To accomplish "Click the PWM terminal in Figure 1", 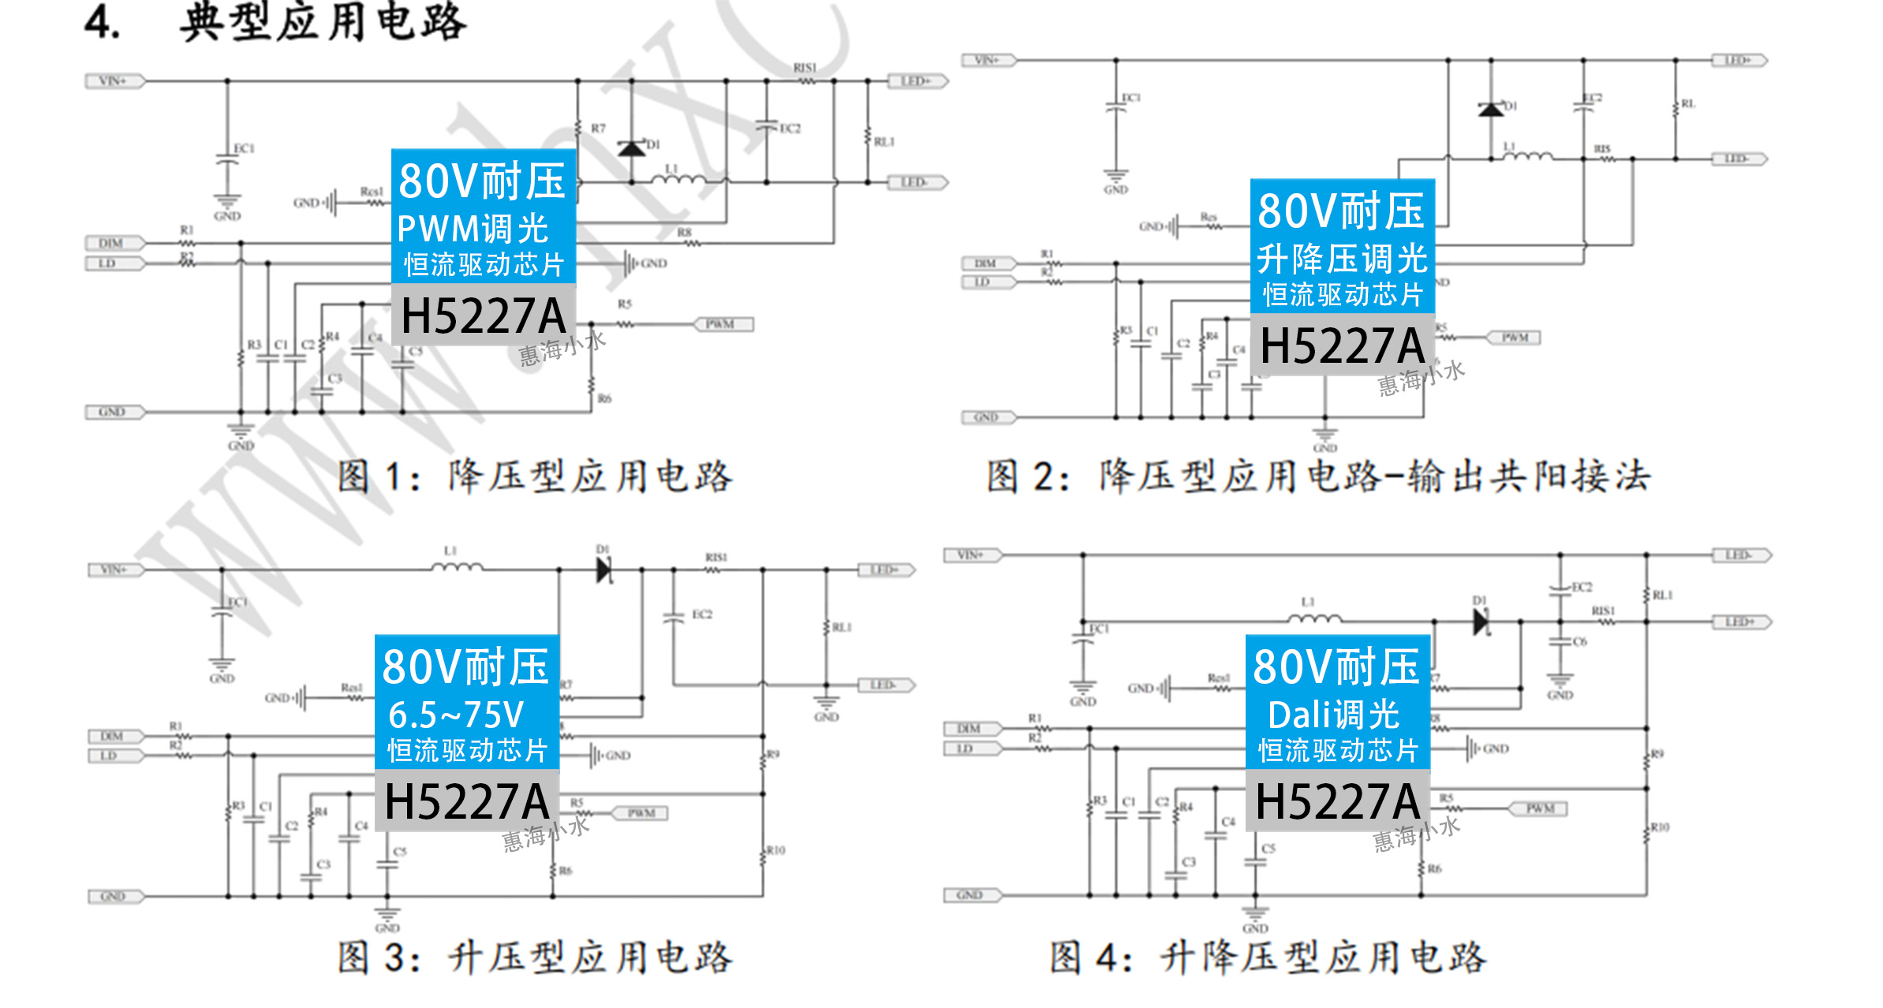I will coord(723,324).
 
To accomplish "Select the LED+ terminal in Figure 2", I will coord(1738,61).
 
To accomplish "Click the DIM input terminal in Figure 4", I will coord(971,729).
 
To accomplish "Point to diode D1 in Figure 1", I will coord(632,147).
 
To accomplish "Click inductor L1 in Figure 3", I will coord(457,566).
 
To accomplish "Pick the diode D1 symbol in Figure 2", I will coord(1490,110).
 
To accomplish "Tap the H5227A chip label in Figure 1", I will coord(483,315).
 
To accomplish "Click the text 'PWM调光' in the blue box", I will coord(473,229).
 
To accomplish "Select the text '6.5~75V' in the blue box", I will coord(456,715).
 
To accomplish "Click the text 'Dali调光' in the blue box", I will coord(1333,715).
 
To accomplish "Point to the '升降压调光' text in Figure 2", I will coord(1342,258).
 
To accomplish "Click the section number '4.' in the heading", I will coord(103,23).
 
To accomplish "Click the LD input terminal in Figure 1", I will coord(110,263).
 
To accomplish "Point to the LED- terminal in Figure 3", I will coord(884,685).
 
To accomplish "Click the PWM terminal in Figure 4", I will coord(1538,808).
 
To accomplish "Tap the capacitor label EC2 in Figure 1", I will coord(790,129).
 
